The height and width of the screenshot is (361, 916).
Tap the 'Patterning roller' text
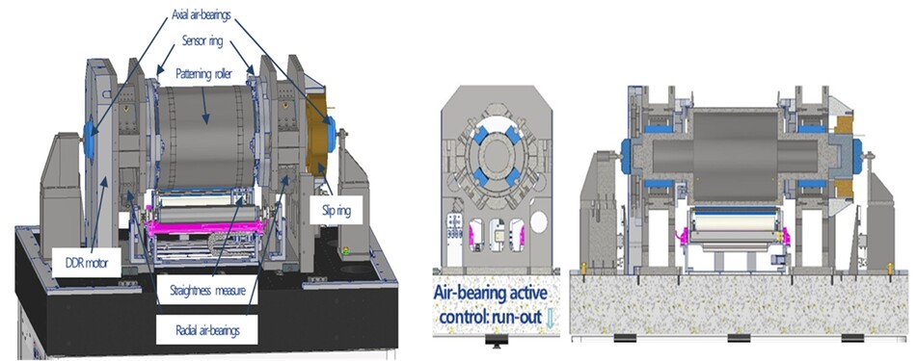pos(202,75)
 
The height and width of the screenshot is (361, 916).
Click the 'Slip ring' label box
pos(337,211)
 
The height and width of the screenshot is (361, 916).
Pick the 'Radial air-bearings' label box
pos(207,330)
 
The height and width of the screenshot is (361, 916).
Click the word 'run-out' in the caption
pos(509,318)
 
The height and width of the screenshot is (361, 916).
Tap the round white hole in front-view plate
pos(540,222)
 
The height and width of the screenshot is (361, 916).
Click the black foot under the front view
pos(496,342)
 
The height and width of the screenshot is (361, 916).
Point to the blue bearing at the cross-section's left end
pos(626,156)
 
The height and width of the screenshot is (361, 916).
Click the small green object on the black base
pos(345,252)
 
